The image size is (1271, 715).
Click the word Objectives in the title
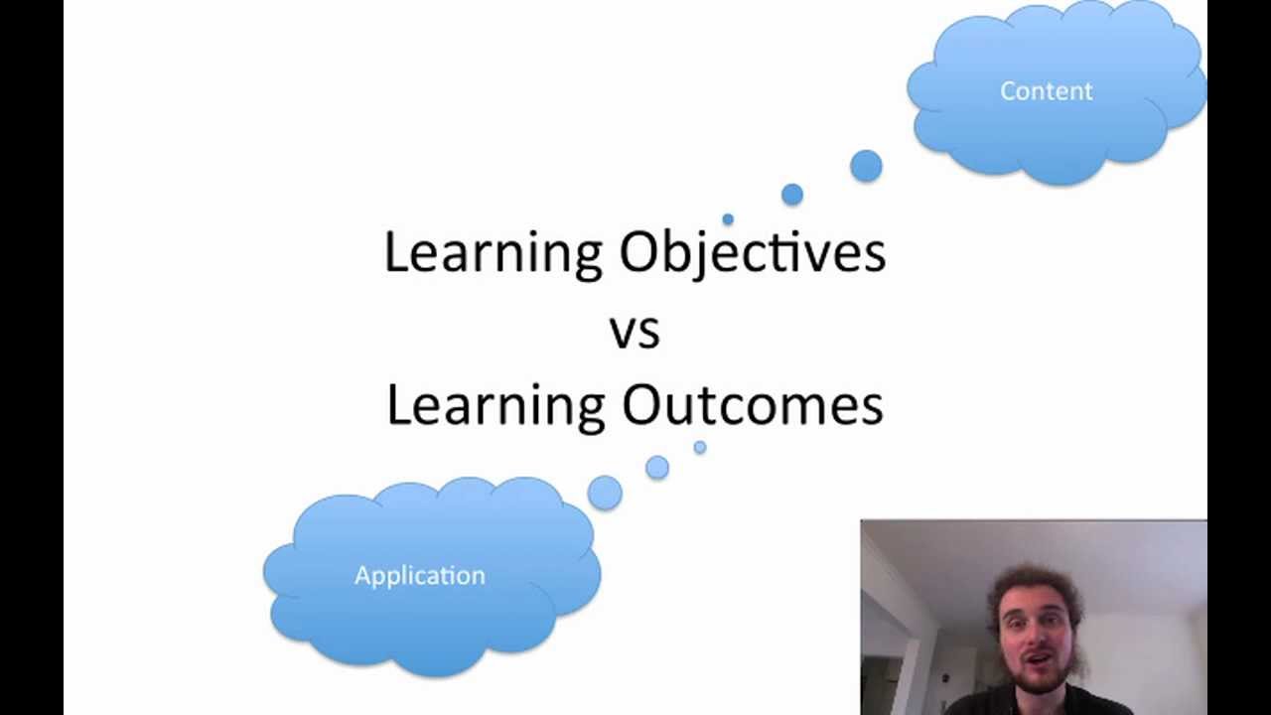(752, 253)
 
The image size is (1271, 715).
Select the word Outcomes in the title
(753, 406)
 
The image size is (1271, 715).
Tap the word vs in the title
(635, 331)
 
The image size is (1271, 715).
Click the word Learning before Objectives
(494, 253)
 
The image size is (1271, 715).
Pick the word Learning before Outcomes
(495, 406)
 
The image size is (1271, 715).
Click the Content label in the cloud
(1046, 91)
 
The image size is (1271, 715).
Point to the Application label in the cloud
(419, 575)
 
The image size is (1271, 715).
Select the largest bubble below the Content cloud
(866, 166)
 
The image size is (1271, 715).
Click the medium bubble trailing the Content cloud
(791, 195)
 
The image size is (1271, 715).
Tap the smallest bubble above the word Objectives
(728, 219)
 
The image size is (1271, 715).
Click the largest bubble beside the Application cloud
(605, 493)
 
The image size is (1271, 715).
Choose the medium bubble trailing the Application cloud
(657, 467)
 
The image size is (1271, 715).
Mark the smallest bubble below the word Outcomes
(700, 448)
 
